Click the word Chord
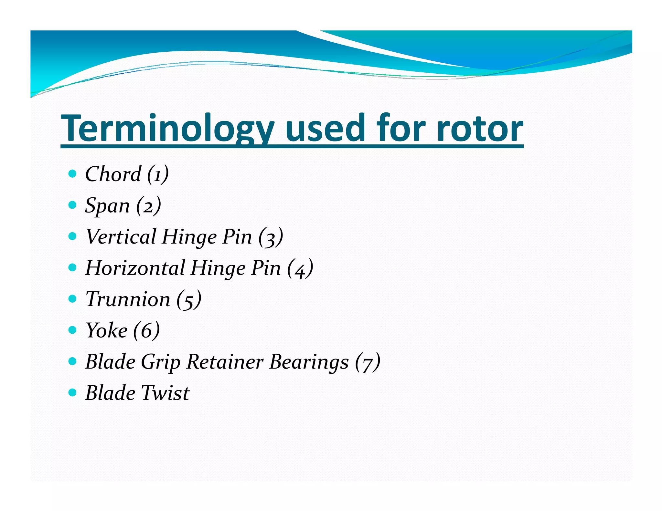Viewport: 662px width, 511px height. pos(113,174)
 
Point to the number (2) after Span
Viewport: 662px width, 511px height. pos(148,205)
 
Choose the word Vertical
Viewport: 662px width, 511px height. pos(121,236)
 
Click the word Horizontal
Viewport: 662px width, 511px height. pos(135,268)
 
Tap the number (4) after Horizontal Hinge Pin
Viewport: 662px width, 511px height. pos(300,268)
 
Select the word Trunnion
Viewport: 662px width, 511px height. pos(128,299)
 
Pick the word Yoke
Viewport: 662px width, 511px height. pos(106,330)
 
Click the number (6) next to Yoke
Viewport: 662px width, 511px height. pos(146,330)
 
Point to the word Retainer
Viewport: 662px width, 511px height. pos(225,361)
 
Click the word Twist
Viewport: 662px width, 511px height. pos(165,393)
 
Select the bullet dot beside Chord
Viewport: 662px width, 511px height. pos(73,174)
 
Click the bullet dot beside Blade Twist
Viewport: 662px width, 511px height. pos(73,393)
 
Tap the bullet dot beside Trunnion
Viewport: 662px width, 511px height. pos(73,299)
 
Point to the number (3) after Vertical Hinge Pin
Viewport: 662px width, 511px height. pos(271,237)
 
